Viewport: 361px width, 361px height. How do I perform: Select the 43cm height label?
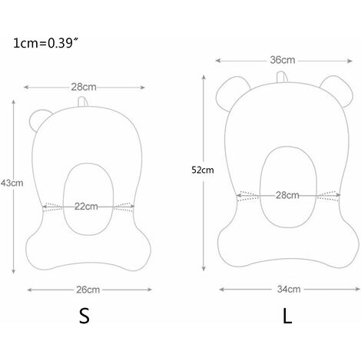[x=12, y=183]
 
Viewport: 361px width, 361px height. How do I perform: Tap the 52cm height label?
[x=203, y=170]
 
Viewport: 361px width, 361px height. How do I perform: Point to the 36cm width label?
[x=283, y=60]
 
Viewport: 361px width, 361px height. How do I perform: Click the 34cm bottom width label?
[x=289, y=290]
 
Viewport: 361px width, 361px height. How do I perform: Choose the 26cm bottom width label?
[x=88, y=290]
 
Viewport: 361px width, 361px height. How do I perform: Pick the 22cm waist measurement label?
[x=86, y=207]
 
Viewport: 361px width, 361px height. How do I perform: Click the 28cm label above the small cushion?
[x=84, y=87]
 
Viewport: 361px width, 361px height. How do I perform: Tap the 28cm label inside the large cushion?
[x=287, y=195]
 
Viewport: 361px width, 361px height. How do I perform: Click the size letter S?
[x=84, y=316]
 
